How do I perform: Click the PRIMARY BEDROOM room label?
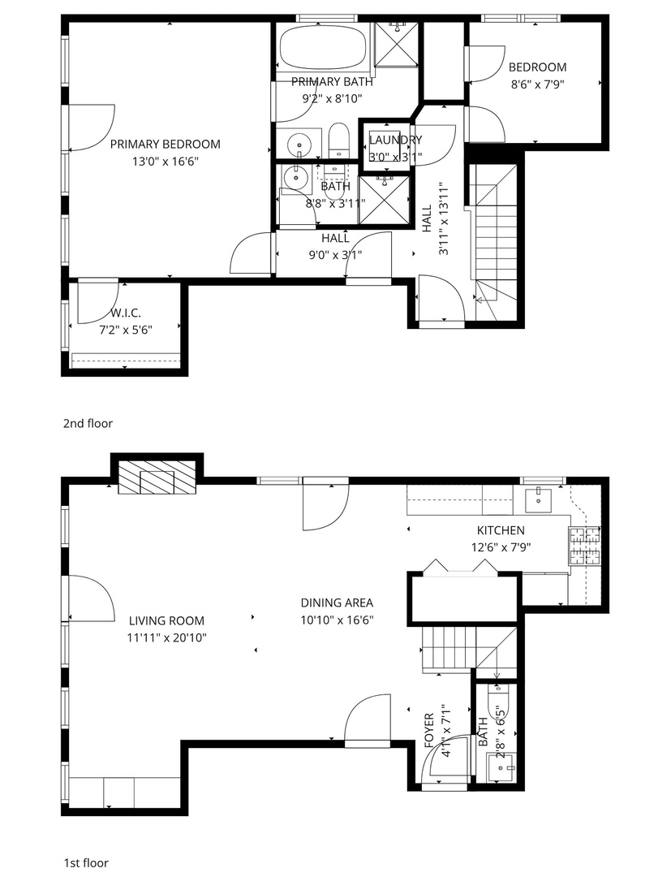click(x=165, y=145)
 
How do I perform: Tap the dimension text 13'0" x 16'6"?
click(x=165, y=162)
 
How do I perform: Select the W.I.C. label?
click(x=126, y=312)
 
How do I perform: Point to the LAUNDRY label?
click(x=395, y=140)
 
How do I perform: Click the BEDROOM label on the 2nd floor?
click(x=537, y=67)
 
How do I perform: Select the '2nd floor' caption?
click(x=88, y=423)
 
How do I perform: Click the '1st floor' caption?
click(x=85, y=863)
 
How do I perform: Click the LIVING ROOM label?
click(x=166, y=620)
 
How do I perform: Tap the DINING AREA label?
click(x=337, y=603)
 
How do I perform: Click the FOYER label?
click(x=430, y=732)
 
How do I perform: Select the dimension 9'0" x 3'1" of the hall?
click(x=335, y=255)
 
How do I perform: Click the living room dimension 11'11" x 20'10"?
click(x=166, y=637)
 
